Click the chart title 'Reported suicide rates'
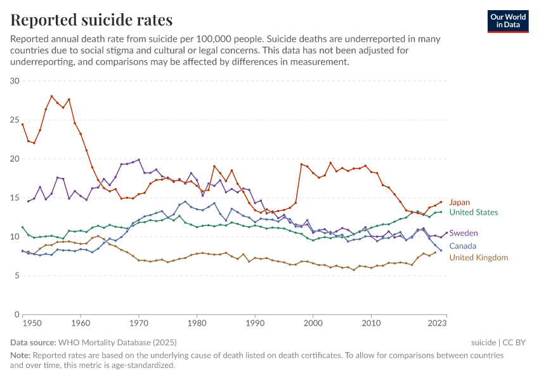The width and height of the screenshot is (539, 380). pos(91,20)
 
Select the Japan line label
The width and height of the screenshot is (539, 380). pos(459,203)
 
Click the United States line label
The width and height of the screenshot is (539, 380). pos(473,213)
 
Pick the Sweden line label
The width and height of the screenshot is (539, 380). pos(463,234)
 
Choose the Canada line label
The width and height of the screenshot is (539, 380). pos(462,246)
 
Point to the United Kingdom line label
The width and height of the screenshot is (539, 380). pos(478,258)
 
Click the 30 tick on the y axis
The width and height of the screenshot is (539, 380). pos(15,81)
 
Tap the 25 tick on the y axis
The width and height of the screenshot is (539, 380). pos(15,120)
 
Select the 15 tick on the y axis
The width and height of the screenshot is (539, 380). pos(15,198)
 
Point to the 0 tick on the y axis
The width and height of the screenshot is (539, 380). pos(18,314)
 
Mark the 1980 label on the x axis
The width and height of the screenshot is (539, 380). pos(197,324)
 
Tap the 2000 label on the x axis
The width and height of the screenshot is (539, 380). pos(313,324)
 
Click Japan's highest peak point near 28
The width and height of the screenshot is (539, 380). pos(51,96)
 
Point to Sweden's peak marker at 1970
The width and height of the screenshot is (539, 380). pos(139,160)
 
